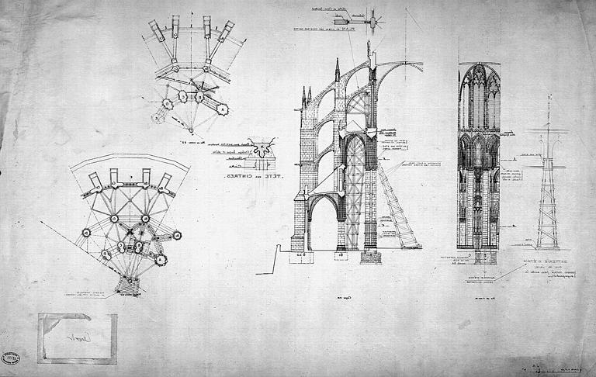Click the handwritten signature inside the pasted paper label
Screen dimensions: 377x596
[x=77, y=338]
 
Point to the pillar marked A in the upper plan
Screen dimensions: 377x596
[x=223, y=109]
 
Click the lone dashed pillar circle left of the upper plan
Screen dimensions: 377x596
[x=159, y=118]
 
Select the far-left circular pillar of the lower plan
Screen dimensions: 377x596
[x=86, y=232]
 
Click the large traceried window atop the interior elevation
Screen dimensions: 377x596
[x=479, y=97]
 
